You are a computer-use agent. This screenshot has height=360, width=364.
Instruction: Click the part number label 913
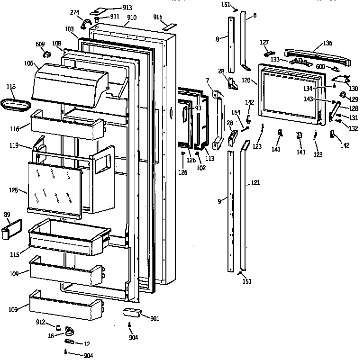coord(114,8)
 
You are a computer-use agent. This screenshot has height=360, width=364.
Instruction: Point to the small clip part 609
coord(47,54)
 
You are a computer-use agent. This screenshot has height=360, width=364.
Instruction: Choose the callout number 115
coord(15,255)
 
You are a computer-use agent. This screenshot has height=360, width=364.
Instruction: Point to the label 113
coord(209,159)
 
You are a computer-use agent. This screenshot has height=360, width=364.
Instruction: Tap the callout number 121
coord(255,182)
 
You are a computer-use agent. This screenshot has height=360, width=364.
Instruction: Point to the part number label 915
coord(157,17)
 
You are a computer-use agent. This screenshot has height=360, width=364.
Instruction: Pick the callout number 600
coord(320,66)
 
